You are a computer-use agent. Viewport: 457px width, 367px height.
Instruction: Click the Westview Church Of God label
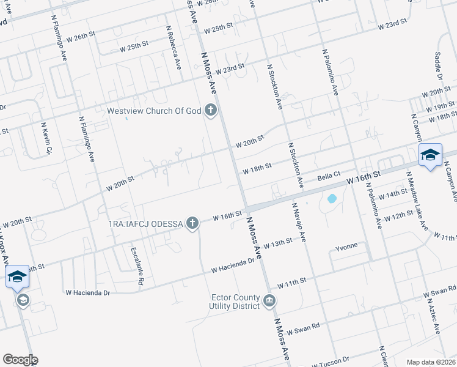[154, 111]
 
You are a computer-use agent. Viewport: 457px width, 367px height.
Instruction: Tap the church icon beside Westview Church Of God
[211, 111]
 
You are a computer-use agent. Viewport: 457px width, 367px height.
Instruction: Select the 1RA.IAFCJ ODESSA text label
[145, 223]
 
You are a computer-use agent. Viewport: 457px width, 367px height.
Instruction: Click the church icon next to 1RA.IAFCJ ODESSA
[192, 223]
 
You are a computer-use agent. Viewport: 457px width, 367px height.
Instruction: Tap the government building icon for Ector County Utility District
[269, 300]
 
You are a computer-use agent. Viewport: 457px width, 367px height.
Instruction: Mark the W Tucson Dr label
[330, 362]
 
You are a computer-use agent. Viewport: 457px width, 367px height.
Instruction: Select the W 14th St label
[392, 195]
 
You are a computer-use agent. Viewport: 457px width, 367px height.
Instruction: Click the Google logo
[20, 360]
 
